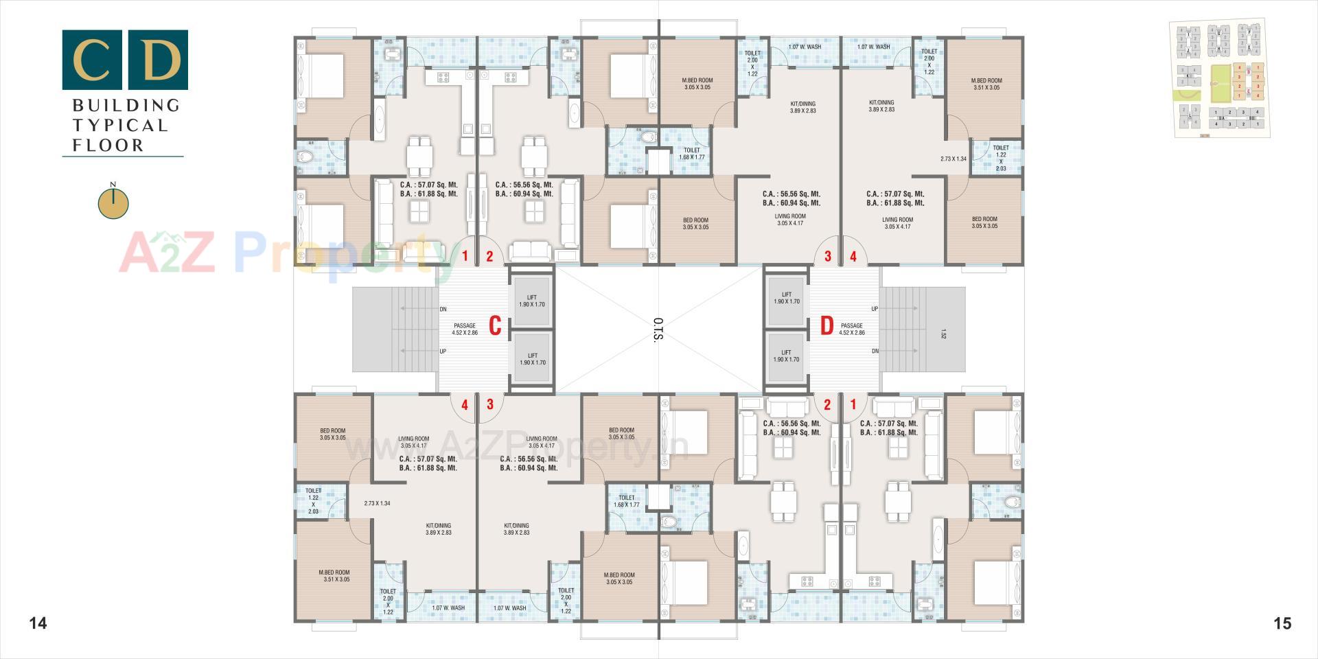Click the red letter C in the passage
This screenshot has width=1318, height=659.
tap(495, 326)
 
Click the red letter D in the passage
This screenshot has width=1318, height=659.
tap(827, 326)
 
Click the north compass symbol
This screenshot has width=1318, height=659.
tap(113, 203)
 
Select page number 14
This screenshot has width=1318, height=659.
tap(38, 623)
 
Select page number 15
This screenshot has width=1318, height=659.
tap(1282, 623)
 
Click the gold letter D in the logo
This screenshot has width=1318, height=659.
tap(158, 60)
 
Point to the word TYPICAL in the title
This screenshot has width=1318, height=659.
tap(120, 126)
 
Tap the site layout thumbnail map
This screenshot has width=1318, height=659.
tap(1219, 79)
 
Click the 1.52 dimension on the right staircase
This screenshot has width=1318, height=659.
tap(943, 335)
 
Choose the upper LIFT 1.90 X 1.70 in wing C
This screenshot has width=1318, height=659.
tap(532, 301)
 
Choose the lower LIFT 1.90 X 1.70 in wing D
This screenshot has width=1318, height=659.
tap(787, 356)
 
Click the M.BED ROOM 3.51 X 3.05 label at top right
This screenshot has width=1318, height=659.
tap(986, 84)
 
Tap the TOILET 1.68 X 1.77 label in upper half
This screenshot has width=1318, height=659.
tap(692, 154)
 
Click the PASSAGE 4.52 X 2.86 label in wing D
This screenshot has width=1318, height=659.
tap(851, 329)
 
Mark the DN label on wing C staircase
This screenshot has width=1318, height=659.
tap(443, 310)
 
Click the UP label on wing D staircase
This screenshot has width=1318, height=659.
tap(875, 309)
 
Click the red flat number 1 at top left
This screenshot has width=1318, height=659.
tap(465, 257)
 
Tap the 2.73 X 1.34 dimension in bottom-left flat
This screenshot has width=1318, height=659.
tap(377, 503)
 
